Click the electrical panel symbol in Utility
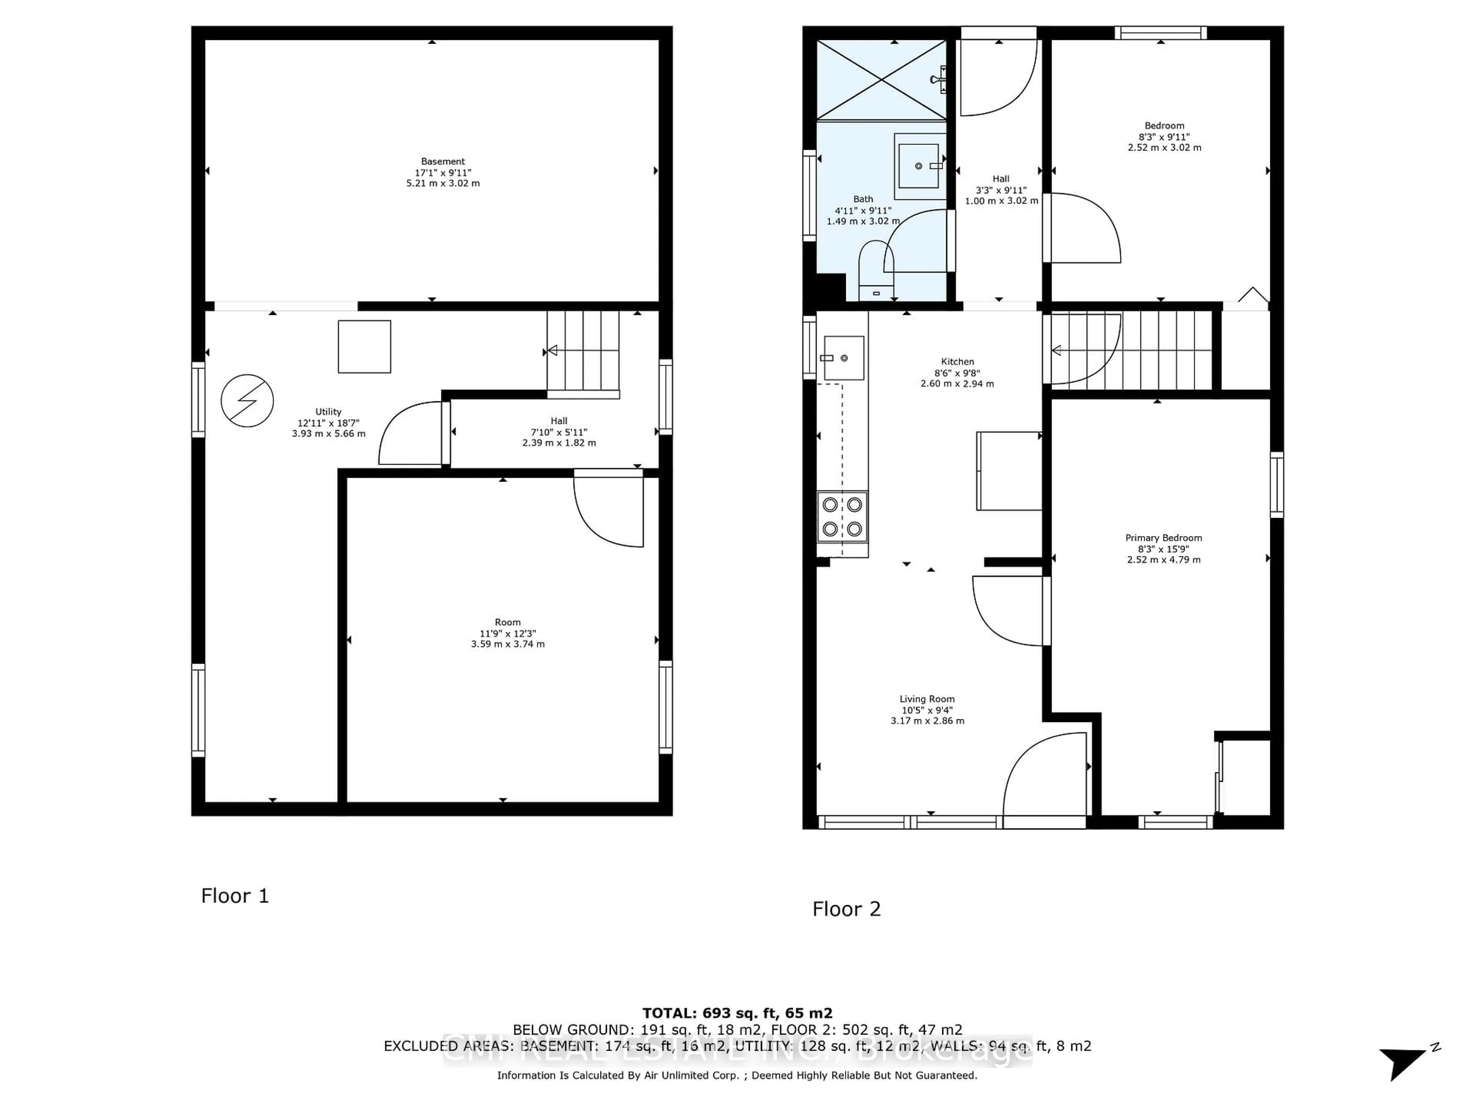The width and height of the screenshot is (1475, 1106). pyautogui.click(x=247, y=400)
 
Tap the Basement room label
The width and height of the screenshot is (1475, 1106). pyautogui.click(x=443, y=161)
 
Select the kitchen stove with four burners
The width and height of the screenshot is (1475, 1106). pyautogui.click(x=842, y=517)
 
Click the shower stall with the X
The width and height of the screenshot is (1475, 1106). pyautogui.click(x=882, y=80)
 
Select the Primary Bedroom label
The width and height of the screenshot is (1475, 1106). pyautogui.click(x=1163, y=538)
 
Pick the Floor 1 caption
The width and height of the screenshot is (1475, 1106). pyautogui.click(x=235, y=895)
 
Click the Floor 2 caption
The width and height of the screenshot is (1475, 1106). pyautogui.click(x=846, y=909)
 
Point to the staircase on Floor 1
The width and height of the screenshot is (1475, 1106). pyautogui.click(x=583, y=353)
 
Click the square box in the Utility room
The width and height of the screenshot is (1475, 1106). pyautogui.click(x=364, y=347)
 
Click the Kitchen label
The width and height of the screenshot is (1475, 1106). pyautogui.click(x=957, y=361)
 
